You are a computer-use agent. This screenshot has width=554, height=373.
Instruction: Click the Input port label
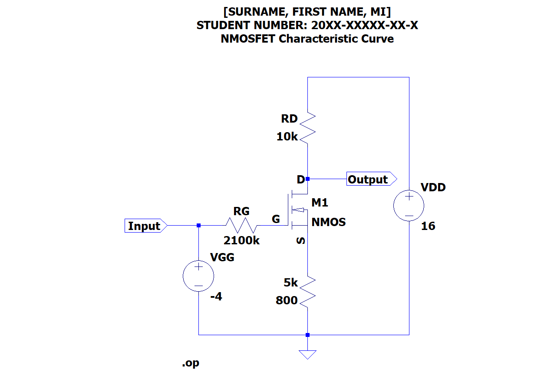coord(144,226)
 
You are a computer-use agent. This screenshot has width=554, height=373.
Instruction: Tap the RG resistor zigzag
coord(241,226)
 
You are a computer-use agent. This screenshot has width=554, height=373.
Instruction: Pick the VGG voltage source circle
coord(198,276)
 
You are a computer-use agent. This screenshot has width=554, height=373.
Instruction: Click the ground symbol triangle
coord(307,354)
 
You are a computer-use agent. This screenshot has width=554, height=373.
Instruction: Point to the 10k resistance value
coord(287,137)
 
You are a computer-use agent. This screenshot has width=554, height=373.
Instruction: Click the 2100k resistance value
coord(241,240)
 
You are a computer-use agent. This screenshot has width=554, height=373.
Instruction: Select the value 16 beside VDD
coord(428,226)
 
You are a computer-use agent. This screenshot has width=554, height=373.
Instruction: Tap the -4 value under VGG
coord(216,297)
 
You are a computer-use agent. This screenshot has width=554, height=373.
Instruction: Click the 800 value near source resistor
coord(287,300)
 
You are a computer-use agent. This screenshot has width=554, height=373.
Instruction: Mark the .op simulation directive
coord(191,363)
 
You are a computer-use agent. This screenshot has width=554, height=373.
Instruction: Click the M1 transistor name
coord(320,203)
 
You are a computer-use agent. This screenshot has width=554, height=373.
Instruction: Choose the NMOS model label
coord(329,222)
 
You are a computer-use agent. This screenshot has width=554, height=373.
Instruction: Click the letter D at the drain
coord(300,180)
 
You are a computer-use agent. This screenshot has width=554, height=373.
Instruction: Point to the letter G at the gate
coord(276,220)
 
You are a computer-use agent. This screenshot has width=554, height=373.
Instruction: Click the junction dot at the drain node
coord(307,179)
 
